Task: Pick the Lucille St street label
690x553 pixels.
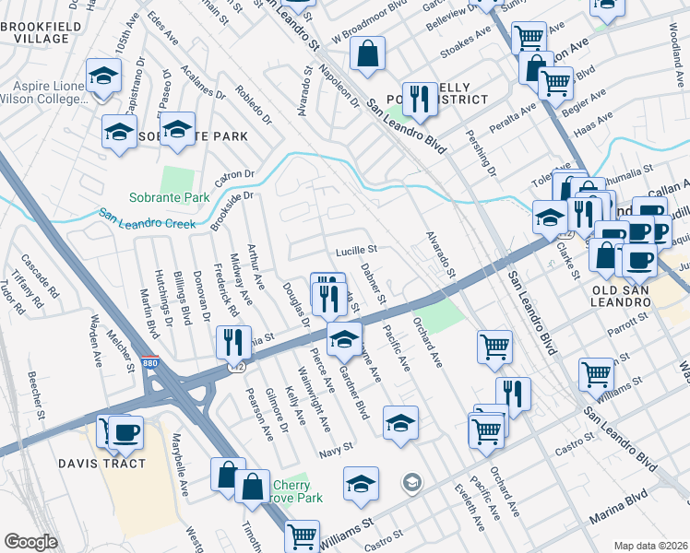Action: tap(356, 249)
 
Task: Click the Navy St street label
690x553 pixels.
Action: tap(336, 447)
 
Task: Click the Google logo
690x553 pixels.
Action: tap(31, 541)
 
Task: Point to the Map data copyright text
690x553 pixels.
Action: tap(650, 545)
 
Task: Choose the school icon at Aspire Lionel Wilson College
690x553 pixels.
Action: tap(103, 74)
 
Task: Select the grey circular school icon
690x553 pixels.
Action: tap(412, 482)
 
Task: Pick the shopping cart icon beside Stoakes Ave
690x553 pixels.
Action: tap(529, 38)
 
